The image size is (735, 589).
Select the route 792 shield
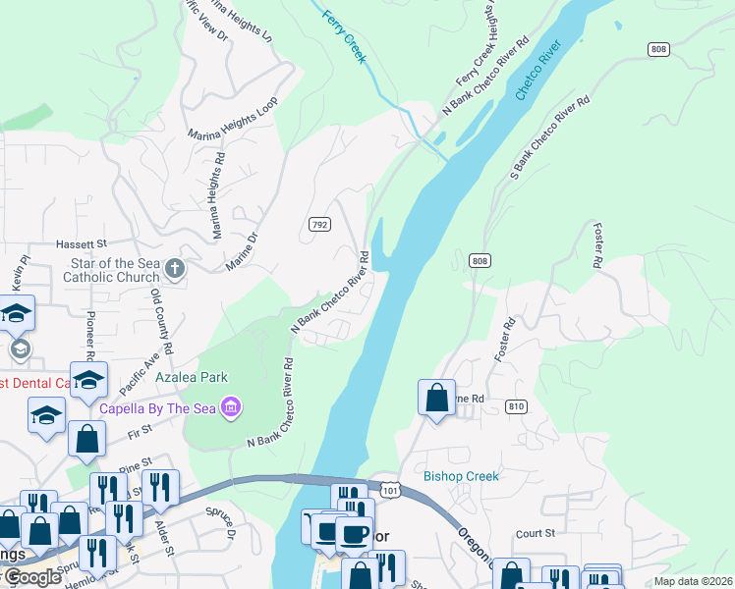[x=319, y=225]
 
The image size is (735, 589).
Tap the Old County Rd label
[x=160, y=320]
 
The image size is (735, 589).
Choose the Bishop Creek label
[x=461, y=476]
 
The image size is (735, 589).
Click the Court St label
[x=536, y=533]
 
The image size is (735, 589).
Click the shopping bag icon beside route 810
[x=436, y=398]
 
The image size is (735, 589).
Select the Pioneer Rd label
[x=90, y=335]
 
